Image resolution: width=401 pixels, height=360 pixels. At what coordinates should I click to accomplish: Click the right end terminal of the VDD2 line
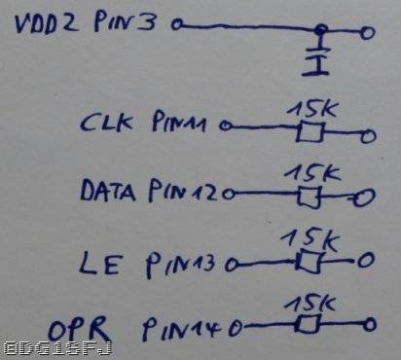pos(365,32)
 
